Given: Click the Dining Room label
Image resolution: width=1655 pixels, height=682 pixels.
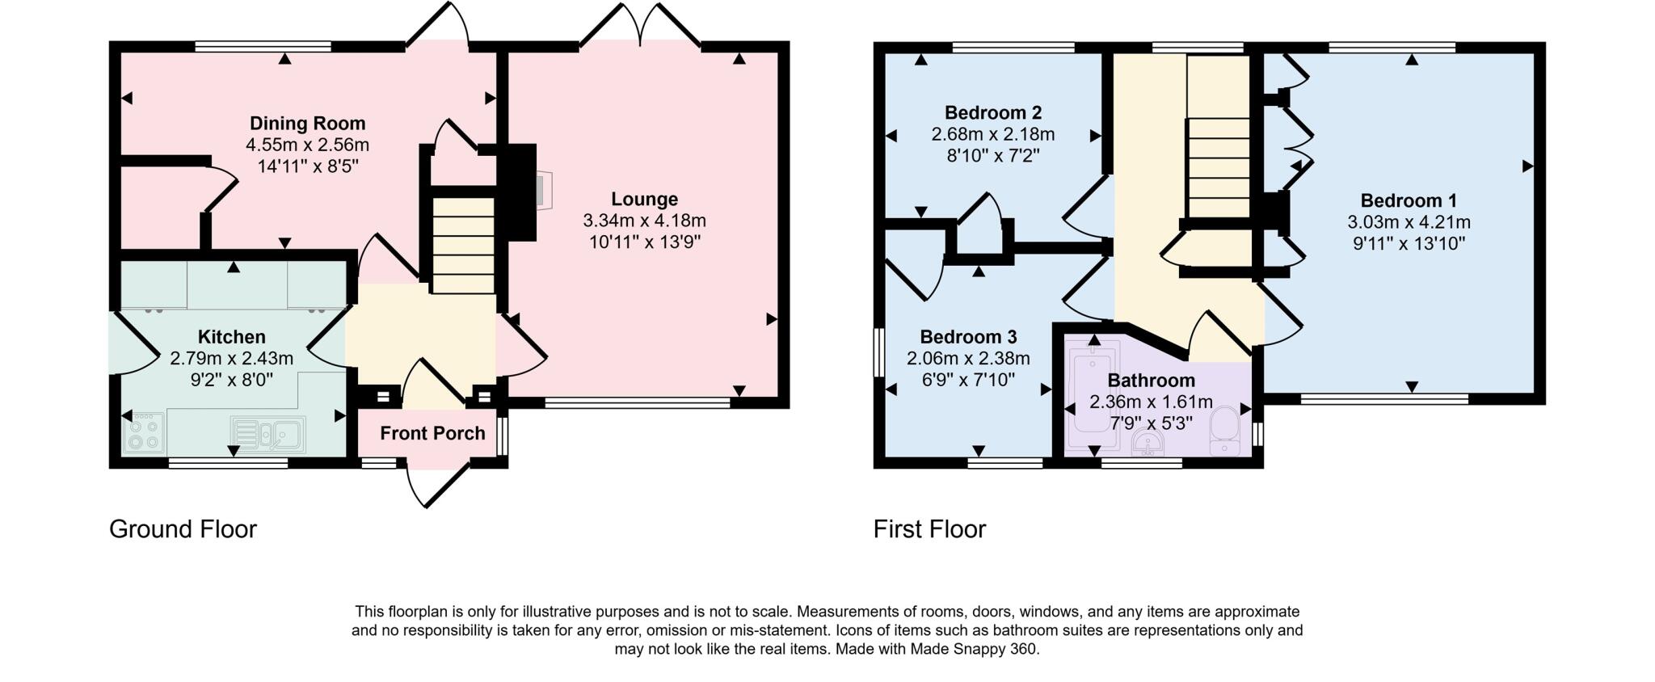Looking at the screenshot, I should coord(307,124).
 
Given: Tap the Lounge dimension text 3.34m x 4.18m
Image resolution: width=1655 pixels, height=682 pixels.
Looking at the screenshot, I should coord(644,221).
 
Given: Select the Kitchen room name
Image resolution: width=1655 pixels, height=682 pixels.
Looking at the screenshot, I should coord(231,337).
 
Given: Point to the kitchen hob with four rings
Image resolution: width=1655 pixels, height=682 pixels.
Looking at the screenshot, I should coord(144,433).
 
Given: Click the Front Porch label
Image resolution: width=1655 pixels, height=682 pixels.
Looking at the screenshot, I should coord(432,433).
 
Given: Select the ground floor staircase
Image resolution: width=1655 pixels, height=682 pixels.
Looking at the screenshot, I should coord(463,246).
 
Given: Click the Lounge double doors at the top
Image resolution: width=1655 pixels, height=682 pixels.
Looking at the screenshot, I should coord(640,27).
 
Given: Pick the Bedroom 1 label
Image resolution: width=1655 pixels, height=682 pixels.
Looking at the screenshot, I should coord(1408,200).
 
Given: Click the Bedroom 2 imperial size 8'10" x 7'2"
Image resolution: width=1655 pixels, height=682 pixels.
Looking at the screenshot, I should coord(992,155).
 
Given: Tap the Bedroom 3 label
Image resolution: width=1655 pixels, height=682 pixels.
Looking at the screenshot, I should coord(967,337).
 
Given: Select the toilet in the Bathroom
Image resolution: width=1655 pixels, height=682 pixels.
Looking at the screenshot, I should coord(1225,431).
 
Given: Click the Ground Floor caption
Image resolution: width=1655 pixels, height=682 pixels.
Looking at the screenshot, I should coord(183,529).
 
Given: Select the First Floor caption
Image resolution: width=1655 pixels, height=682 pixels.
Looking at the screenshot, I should coord(929,529).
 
